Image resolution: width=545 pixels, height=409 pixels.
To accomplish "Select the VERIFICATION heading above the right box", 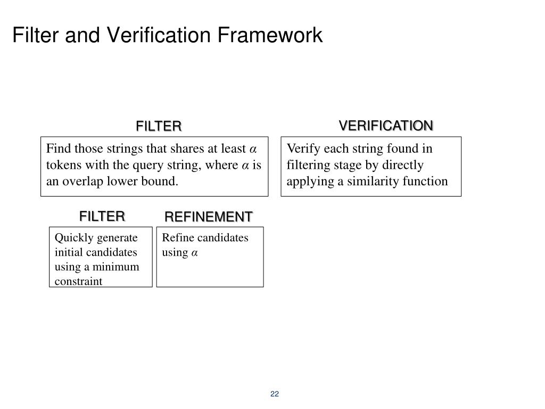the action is [x=386, y=126].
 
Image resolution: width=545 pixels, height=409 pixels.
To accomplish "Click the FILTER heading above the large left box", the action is [x=159, y=126].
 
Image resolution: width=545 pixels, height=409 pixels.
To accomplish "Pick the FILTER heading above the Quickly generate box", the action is [x=102, y=216].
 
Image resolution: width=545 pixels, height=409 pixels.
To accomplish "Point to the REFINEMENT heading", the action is [x=208, y=217].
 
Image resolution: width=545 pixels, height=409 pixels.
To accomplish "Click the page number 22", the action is [x=275, y=394].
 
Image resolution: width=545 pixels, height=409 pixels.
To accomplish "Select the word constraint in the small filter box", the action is [x=78, y=281].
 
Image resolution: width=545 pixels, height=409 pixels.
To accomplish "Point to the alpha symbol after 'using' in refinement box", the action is [x=195, y=252].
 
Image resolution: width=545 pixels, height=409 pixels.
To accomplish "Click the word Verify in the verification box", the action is [x=301, y=149].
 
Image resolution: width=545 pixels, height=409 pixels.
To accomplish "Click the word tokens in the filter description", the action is [x=62, y=165].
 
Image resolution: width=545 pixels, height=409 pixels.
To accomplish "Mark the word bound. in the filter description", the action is [x=161, y=181].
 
